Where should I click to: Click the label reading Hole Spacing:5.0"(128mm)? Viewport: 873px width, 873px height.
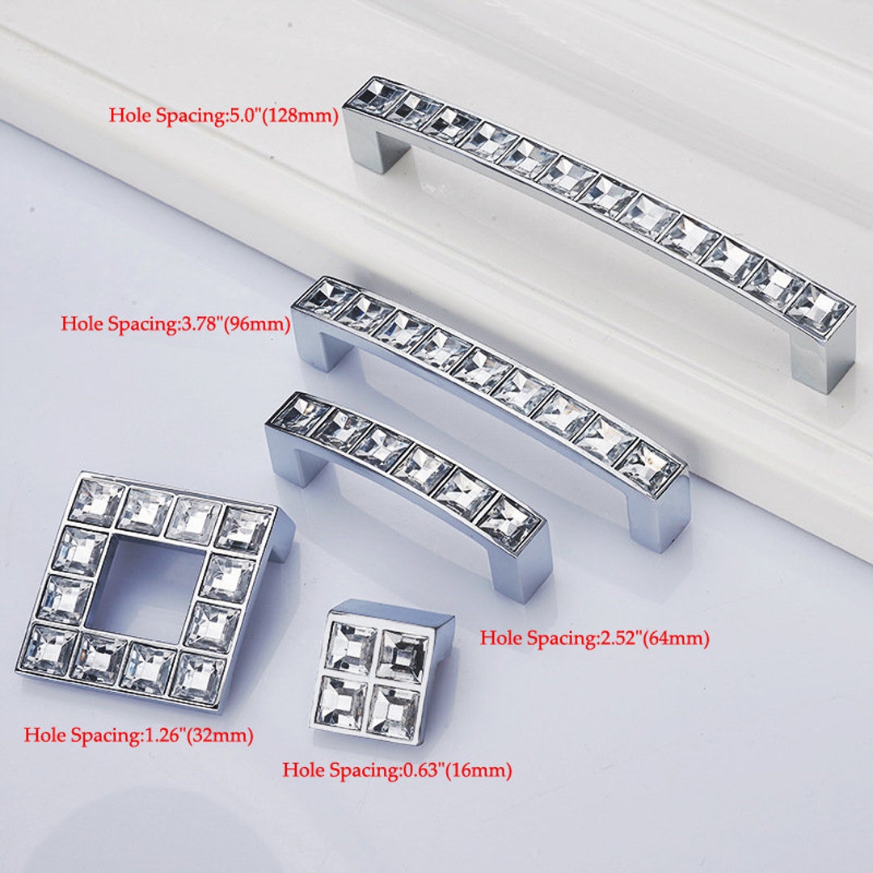pos(223,116)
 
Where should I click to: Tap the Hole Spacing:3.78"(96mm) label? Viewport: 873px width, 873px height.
pos(175,324)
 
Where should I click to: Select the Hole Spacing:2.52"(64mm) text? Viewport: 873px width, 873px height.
pos(595,638)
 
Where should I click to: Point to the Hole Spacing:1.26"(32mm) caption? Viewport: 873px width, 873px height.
pos(139,736)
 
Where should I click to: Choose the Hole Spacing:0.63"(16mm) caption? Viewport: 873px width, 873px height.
pos(397,770)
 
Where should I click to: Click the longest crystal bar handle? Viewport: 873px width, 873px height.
pos(598,202)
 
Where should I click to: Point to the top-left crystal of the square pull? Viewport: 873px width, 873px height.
pos(95,502)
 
